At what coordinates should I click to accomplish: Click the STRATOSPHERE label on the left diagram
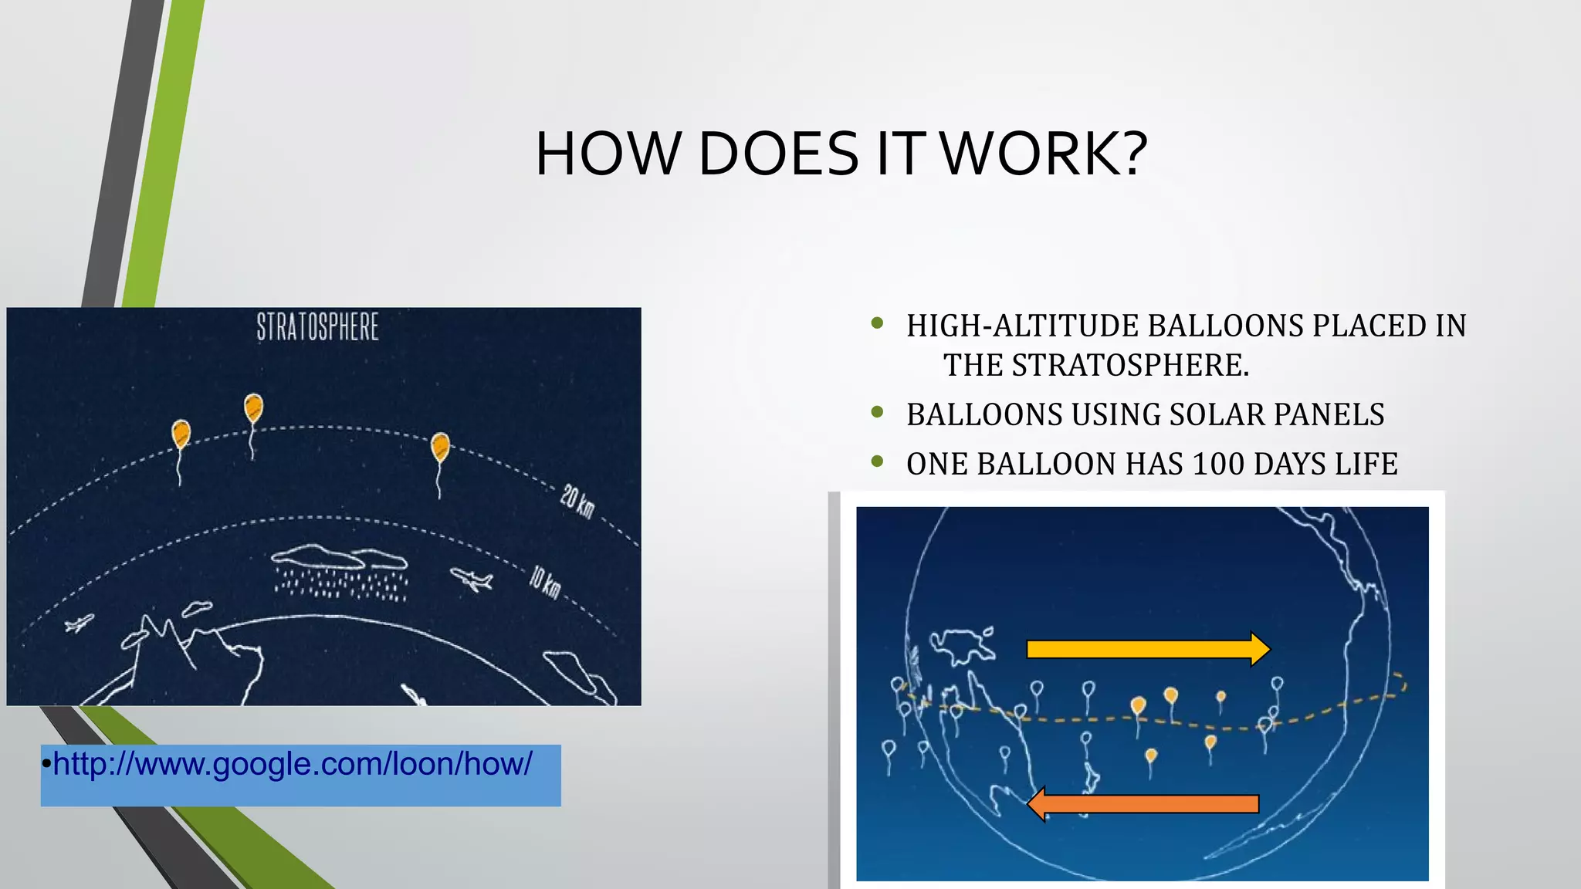coord(317,327)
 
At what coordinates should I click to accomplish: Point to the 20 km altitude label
coord(577,502)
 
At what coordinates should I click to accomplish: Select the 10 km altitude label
coord(545,581)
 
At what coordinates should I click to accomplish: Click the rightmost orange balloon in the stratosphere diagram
coord(440,447)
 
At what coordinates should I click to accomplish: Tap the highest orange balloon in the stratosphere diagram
coord(253,407)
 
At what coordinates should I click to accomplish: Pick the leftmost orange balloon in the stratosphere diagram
coord(181,434)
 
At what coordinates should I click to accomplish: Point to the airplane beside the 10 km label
coord(472,579)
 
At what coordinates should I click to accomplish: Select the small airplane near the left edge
coord(79,623)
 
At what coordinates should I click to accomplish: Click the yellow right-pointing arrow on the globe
coord(1147,649)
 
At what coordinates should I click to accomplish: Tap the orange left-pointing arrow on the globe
coord(1143,804)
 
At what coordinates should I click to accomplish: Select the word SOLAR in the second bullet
coord(1217,415)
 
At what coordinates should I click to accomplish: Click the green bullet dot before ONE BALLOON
coord(877,461)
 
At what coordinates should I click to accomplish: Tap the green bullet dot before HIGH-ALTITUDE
coord(877,323)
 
